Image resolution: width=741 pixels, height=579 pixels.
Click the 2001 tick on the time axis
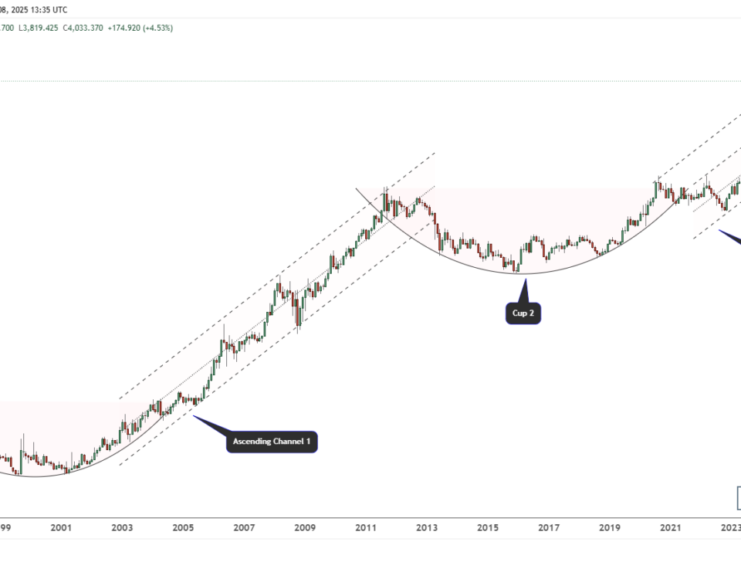(x=61, y=528)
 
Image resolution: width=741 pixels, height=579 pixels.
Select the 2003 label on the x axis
(x=122, y=528)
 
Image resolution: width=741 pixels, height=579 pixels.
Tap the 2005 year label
(x=183, y=528)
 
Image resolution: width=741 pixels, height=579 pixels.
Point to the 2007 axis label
(x=244, y=528)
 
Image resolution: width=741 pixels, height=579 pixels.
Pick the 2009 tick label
(x=305, y=528)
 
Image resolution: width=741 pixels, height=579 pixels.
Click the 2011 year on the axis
(x=366, y=528)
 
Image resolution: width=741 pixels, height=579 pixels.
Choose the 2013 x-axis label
(x=427, y=528)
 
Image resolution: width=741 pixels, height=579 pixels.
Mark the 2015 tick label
(x=488, y=528)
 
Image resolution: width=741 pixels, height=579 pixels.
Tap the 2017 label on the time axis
(x=549, y=528)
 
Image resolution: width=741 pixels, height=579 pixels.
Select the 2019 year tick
(x=610, y=528)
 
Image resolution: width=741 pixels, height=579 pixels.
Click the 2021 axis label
(x=671, y=528)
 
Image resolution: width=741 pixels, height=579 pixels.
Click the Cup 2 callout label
(x=523, y=313)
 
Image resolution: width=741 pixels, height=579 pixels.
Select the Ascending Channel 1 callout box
(x=272, y=442)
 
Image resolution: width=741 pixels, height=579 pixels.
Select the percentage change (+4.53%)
(x=158, y=28)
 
